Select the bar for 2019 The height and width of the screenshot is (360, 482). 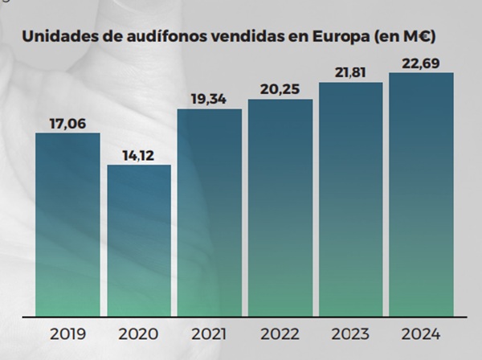click(x=67, y=224)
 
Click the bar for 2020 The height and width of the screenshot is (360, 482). click(x=139, y=240)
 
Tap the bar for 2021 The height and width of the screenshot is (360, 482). click(x=210, y=212)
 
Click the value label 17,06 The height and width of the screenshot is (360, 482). click(x=67, y=122)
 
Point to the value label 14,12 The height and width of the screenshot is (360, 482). click(x=139, y=154)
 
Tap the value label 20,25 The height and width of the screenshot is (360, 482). click(x=280, y=88)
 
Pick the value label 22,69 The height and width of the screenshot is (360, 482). click(x=421, y=63)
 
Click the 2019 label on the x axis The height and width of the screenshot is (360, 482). click(x=67, y=333)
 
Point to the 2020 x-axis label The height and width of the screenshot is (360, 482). click(x=139, y=333)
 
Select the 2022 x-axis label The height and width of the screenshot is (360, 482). click(x=280, y=333)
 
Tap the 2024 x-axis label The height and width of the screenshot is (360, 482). click(x=421, y=333)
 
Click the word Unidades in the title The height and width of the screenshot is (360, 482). click(x=57, y=36)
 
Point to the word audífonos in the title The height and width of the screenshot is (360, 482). click(x=163, y=36)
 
